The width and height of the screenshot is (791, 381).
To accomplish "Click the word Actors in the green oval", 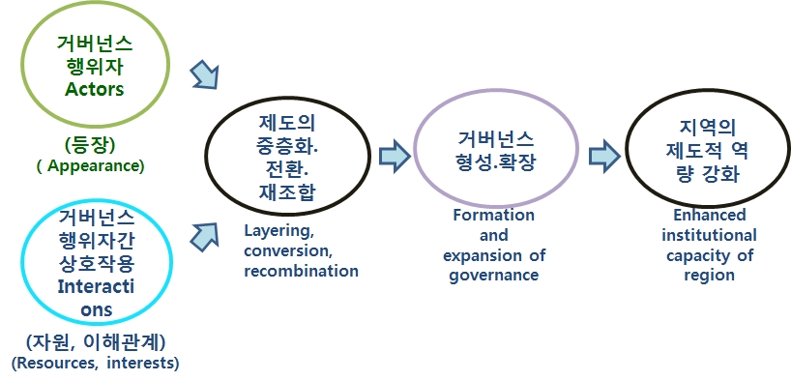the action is coord(95,89).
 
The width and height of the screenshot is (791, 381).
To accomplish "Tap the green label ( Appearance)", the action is coord(91,166).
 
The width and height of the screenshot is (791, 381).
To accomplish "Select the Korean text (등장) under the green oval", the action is coord(90,145).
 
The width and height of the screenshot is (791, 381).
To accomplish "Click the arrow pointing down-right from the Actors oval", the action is coord(205,75).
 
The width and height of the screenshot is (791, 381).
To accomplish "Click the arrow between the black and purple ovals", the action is coord(395,156).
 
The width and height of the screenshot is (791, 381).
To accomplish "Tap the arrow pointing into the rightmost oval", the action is coord(604,156).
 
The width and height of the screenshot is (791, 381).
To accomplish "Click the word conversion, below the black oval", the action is coord(287,251).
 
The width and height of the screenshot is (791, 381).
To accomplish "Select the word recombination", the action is coord(301,271).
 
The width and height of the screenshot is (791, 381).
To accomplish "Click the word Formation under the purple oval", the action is coord(493,216).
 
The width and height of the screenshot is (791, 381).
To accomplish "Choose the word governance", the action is coord(494,276).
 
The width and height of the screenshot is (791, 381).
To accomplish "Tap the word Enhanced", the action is coord(709,216).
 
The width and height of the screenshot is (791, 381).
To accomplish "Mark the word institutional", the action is coord(709,236).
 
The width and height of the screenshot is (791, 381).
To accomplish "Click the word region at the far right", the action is coord(709,276).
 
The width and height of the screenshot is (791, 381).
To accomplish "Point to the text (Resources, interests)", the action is coord(96,364).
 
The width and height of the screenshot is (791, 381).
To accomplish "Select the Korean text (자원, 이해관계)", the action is coord(96,343).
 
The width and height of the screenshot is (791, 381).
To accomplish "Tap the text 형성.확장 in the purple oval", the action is coord(494,162).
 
